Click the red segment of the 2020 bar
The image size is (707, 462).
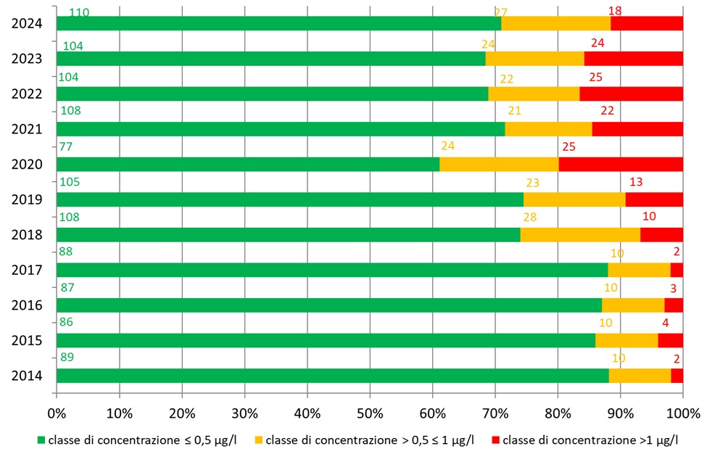point(620,164)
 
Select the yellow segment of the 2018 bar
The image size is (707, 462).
point(580,234)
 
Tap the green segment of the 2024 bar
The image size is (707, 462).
point(278,23)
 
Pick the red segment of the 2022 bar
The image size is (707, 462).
point(631,94)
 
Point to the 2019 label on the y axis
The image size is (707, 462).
point(26,199)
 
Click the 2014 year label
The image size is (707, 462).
point(26,376)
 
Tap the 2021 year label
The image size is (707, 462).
point(26,129)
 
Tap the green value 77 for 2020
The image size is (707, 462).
point(67,146)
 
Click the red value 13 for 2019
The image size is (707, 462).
point(636,181)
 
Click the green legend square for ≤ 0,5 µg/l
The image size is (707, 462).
point(41,440)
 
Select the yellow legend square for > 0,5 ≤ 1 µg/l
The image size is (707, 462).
point(260,440)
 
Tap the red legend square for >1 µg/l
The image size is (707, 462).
point(496,440)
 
